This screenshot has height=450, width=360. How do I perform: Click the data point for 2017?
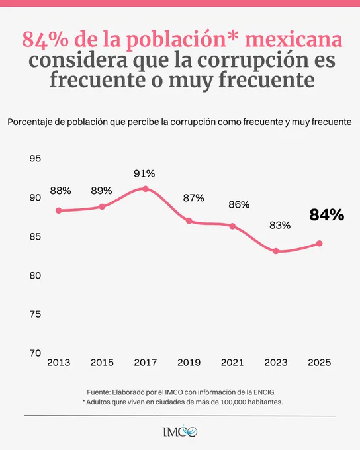(x=146, y=189)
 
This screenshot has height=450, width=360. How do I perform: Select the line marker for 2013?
(x=58, y=210)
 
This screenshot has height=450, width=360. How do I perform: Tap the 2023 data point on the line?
(x=276, y=251)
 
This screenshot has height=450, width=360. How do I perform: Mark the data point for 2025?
(x=319, y=244)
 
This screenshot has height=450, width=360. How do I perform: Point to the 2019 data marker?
(x=189, y=220)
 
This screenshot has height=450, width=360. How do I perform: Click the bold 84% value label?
(x=327, y=215)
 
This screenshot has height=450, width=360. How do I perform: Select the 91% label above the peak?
(x=144, y=173)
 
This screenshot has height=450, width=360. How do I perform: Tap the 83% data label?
(x=280, y=225)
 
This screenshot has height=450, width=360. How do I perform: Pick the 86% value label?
(x=239, y=204)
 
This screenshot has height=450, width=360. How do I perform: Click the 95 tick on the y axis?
(x=35, y=158)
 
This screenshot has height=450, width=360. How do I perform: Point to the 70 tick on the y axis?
(x=35, y=353)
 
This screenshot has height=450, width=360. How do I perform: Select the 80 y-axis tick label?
(x=35, y=275)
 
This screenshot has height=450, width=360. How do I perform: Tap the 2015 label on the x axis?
(x=102, y=363)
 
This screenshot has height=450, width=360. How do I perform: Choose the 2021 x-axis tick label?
(x=232, y=363)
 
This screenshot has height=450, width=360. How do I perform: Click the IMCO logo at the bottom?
(x=180, y=431)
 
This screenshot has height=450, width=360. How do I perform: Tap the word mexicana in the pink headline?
(x=294, y=39)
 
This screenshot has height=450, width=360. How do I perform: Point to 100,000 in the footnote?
(x=233, y=402)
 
